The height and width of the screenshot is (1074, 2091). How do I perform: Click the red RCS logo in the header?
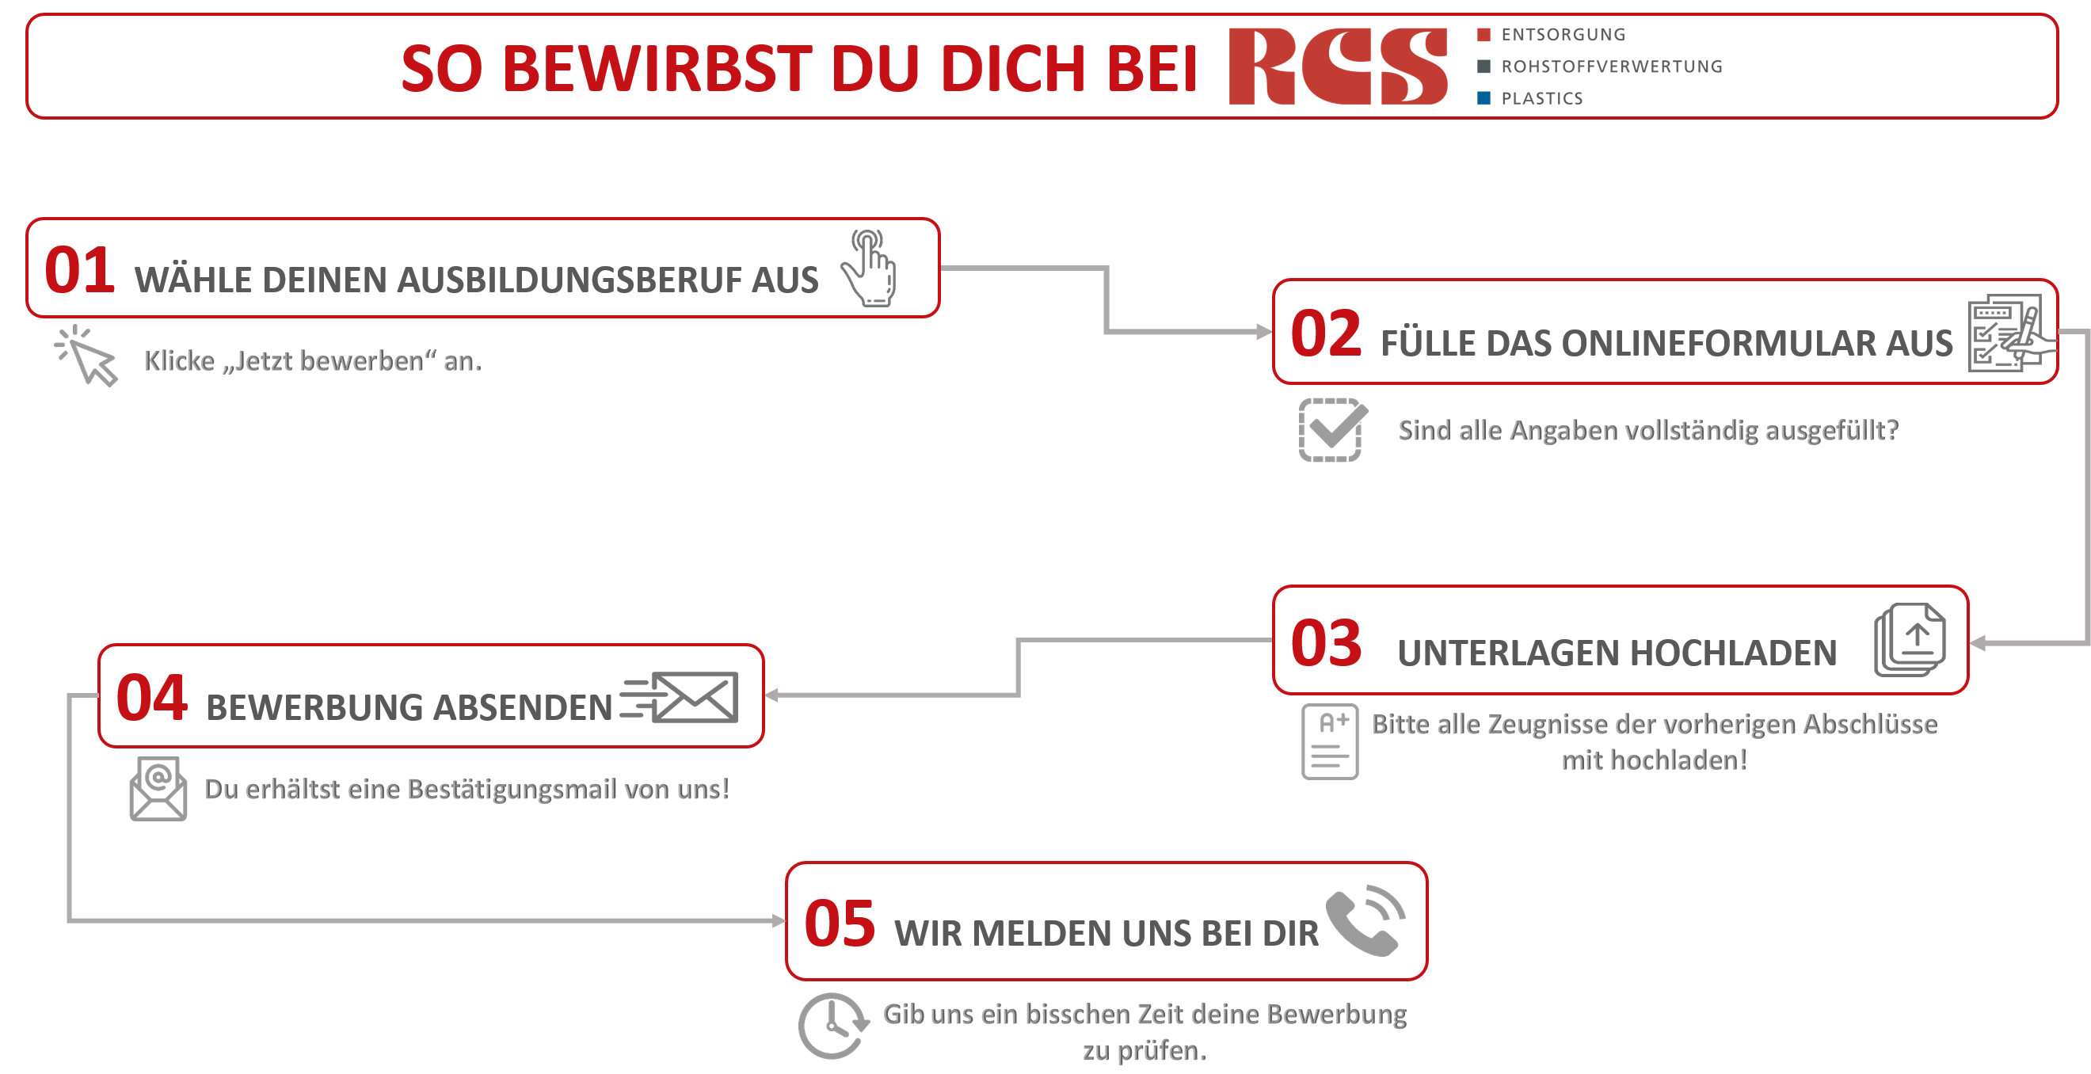tap(1337, 67)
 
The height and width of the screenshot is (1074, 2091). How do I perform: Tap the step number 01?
tap(78, 270)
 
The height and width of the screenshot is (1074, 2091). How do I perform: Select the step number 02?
tap(1326, 333)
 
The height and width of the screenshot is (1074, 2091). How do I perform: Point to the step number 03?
tap(1326, 644)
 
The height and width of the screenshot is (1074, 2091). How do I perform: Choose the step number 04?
tap(152, 698)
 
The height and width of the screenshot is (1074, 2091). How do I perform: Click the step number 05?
tap(840, 924)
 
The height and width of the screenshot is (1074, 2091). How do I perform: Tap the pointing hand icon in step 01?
tap(869, 268)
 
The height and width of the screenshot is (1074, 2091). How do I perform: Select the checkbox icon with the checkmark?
tap(1332, 429)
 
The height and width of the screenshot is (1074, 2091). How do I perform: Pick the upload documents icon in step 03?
tap(1910, 640)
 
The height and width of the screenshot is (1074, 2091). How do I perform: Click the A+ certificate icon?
tap(1330, 742)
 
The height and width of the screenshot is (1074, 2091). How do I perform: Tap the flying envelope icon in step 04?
tap(680, 696)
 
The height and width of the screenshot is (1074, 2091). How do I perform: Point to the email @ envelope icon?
tap(158, 788)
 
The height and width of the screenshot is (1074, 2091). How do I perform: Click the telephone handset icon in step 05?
tap(1365, 920)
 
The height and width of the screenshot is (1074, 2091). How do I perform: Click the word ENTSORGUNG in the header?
tap(1563, 35)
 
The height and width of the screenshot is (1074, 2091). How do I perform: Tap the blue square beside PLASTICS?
tap(1484, 98)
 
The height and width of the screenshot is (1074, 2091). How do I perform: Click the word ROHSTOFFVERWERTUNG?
tap(1611, 67)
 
